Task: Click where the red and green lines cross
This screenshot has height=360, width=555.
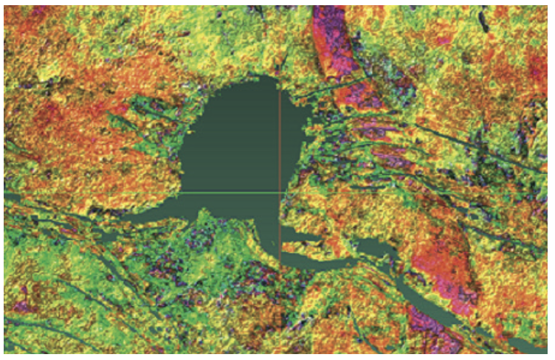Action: coord(280,193)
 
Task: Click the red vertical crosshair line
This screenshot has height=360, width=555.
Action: coord(280,133)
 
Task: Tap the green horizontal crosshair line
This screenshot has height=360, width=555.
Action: coord(111,193)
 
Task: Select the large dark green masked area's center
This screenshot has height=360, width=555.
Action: coord(236,148)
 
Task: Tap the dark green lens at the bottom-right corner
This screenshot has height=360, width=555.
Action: coord(528,344)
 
